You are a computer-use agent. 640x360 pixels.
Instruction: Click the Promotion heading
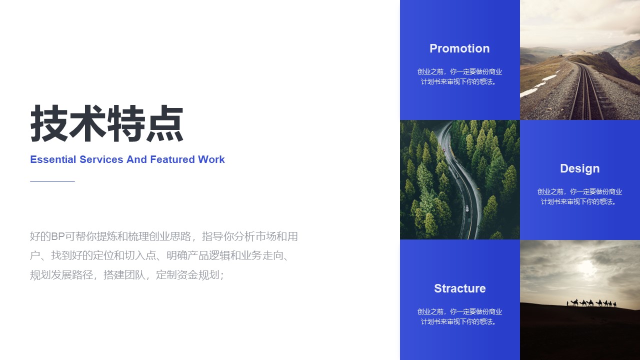[x=459, y=48]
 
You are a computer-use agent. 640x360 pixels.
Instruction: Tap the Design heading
[x=579, y=168]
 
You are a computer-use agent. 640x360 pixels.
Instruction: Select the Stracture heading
[x=459, y=288]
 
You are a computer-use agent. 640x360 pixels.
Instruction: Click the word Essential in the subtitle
[x=53, y=159]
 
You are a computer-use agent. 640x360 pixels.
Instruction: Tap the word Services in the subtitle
[x=101, y=159]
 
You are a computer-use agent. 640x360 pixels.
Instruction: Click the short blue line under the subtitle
[x=52, y=181]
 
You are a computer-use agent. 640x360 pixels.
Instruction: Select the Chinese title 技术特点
[x=106, y=123]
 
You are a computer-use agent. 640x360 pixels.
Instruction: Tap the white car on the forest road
[x=467, y=208]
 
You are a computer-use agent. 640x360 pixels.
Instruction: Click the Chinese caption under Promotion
[x=459, y=76]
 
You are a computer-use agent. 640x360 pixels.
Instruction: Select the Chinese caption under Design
[x=579, y=196]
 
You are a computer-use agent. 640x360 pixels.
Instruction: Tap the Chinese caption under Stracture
[x=459, y=316]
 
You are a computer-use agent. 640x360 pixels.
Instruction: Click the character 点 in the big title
[x=165, y=123]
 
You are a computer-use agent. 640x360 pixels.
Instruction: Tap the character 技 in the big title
[x=49, y=123]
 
